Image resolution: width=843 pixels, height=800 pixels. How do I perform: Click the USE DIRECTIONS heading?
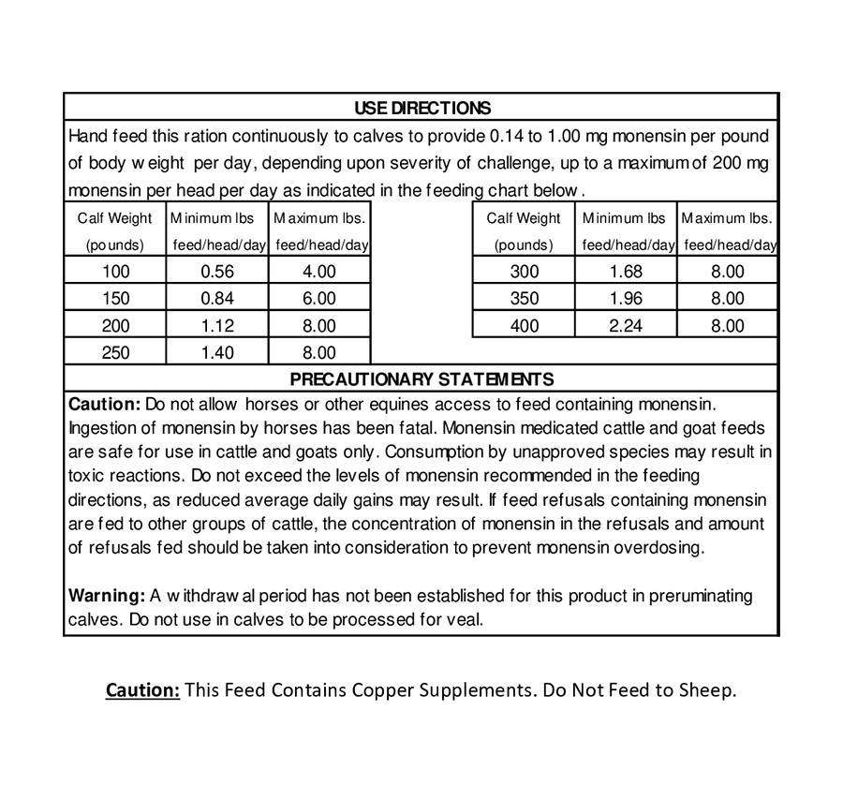point(421,108)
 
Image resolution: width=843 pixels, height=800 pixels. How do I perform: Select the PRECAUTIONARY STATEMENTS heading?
point(421,379)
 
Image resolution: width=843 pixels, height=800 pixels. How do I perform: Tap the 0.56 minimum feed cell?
point(216,272)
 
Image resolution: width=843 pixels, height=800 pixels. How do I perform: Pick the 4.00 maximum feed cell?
point(318,272)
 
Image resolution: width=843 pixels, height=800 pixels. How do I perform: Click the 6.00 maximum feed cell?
point(318,299)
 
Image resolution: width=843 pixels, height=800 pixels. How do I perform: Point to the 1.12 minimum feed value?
point(216,326)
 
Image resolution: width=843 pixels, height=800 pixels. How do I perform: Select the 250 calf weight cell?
point(116,353)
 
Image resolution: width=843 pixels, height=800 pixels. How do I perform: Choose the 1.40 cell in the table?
point(216,353)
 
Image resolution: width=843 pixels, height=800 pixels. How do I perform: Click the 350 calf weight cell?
point(524,299)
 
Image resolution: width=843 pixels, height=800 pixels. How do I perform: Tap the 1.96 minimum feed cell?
point(625,299)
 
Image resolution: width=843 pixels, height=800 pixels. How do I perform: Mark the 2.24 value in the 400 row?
point(625,326)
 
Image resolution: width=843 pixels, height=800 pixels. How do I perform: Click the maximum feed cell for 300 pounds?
point(727,272)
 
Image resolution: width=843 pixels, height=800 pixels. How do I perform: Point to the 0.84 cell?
point(216,299)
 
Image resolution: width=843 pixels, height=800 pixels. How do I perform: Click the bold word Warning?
point(107,596)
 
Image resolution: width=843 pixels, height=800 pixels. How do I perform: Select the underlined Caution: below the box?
point(142,690)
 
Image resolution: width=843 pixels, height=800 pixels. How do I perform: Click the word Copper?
point(385,690)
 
